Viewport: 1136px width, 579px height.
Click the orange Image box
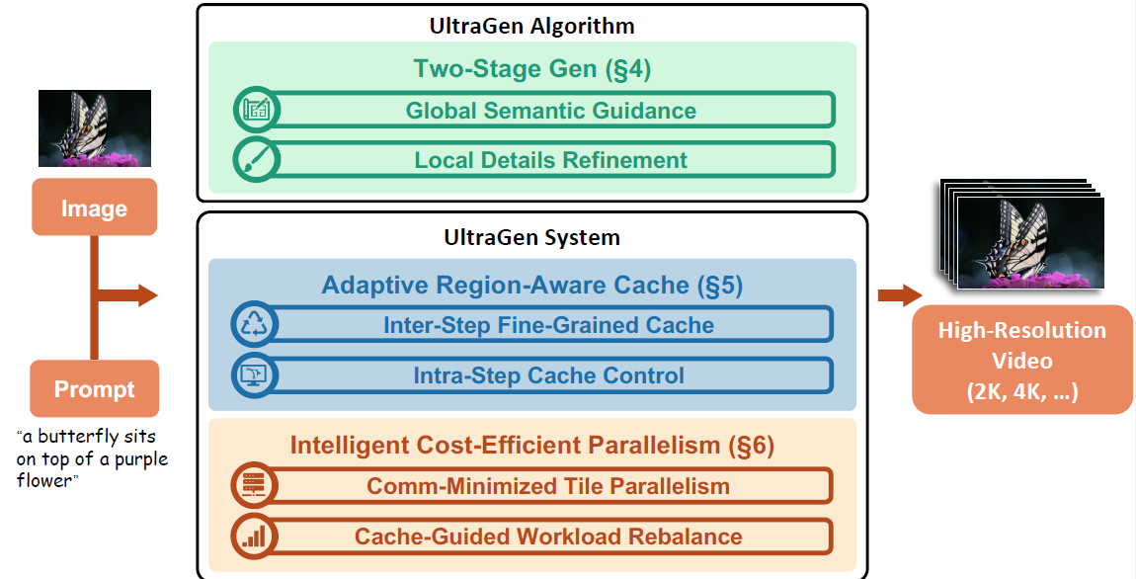point(94,207)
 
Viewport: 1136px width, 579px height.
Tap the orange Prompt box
point(94,388)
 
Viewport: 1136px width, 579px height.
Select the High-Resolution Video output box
point(1021,361)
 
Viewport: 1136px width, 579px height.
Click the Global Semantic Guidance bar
point(550,110)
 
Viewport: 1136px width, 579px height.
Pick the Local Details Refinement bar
point(550,159)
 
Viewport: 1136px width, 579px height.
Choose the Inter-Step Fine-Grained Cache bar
point(548,325)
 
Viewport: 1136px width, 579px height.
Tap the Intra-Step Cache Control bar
point(548,375)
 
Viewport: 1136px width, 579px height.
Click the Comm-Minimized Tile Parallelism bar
point(548,485)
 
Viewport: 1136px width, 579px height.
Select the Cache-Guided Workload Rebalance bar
point(548,537)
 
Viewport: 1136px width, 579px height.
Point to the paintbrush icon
point(257,160)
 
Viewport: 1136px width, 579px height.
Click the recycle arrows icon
point(254,325)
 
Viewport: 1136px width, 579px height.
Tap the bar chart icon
point(254,537)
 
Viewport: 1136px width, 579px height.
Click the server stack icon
point(254,485)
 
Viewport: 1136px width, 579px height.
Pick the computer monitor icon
point(254,375)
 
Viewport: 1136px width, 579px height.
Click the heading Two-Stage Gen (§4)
point(532,69)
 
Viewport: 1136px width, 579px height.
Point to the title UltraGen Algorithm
point(531,26)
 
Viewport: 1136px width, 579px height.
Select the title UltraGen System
point(531,238)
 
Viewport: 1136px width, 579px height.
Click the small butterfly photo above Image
point(95,128)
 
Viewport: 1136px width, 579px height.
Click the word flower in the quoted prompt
point(44,480)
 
